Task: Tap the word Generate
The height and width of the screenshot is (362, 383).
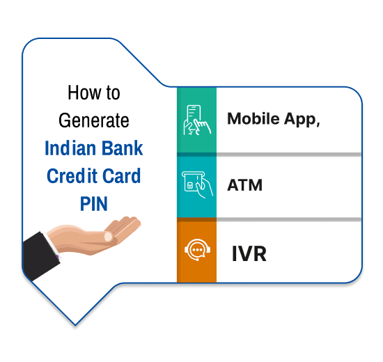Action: (94, 120)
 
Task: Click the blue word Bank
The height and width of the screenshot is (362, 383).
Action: (122, 148)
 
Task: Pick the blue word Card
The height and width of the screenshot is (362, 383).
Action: (122, 176)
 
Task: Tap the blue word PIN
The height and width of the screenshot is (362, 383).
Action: (94, 204)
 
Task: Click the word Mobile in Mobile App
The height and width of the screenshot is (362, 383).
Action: (253, 118)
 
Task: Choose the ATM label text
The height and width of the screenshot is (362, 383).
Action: (245, 185)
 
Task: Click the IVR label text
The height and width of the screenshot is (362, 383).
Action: (249, 254)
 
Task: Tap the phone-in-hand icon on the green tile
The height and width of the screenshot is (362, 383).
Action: (197, 120)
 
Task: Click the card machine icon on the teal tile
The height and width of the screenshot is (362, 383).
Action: (197, 184)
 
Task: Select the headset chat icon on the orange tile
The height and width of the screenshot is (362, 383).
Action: (197, 249)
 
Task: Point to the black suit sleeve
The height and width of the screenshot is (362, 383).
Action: (40, 256)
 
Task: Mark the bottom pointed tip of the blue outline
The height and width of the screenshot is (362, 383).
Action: (75, 325)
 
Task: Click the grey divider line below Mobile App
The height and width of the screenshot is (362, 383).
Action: (289, 155)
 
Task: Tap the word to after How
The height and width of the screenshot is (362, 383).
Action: (113, 93)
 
